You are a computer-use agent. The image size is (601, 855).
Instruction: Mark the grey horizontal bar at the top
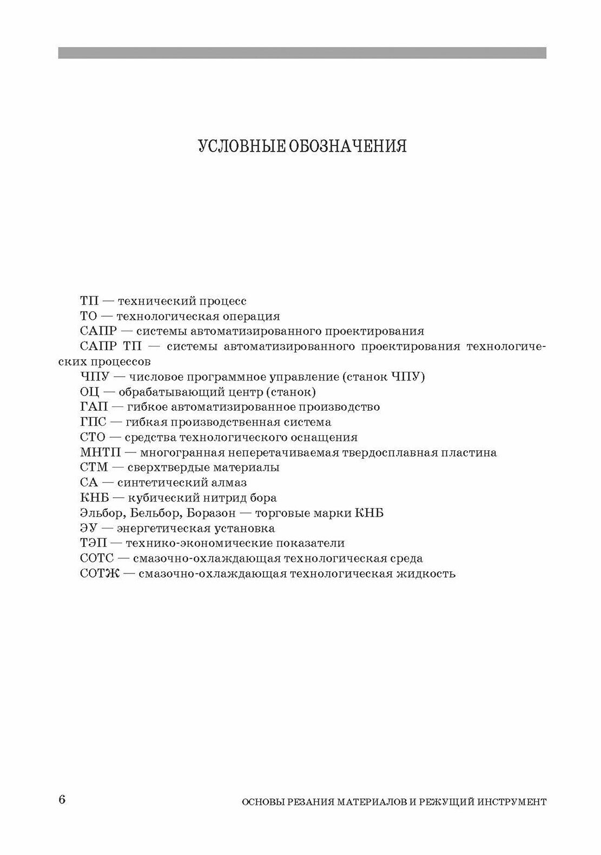(x=302, y=52)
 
